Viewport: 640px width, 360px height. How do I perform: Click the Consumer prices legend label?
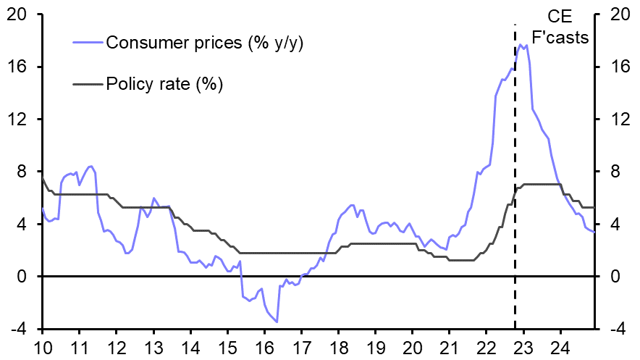coord(204,43)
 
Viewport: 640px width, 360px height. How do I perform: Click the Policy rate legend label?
coord(164,84)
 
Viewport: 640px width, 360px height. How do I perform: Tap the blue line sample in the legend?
coord(88,43)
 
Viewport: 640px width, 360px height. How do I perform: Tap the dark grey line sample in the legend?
coord(88,84)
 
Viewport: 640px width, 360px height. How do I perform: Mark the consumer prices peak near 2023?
coord(520,44)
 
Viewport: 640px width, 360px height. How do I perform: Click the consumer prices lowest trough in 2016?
coord(277,322)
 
